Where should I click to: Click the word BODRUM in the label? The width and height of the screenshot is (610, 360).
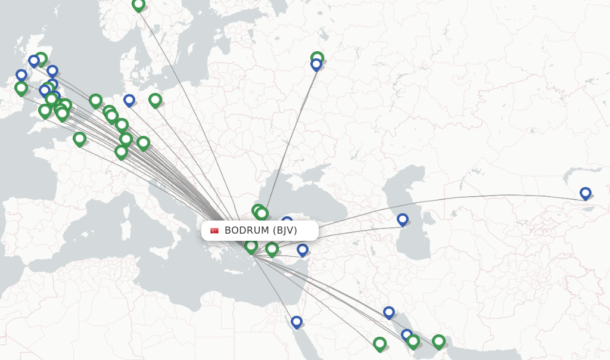247,231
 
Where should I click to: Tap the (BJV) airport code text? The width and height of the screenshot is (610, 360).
285,231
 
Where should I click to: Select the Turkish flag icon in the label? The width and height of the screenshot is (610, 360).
214,231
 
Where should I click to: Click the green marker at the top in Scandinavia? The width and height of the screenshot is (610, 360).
138,5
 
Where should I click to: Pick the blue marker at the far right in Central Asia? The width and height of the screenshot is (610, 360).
585,193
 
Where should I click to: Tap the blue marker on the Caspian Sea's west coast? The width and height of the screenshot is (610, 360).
403,219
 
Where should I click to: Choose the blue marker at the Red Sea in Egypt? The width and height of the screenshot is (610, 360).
297,322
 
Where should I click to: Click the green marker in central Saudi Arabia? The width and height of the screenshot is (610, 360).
379,343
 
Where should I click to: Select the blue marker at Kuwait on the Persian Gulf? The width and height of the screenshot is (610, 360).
389,312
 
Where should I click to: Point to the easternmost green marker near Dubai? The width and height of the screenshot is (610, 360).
438,341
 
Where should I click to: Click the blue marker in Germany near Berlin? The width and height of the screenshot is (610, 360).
129,100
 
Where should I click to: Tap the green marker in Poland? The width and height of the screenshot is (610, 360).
155,100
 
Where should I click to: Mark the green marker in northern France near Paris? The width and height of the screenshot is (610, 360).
79,139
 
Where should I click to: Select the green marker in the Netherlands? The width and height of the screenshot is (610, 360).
95,100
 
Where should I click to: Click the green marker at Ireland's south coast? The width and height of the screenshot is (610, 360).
21,88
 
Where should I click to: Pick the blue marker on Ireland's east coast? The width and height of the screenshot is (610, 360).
21,75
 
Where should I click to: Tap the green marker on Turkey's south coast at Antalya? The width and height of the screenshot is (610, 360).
272,249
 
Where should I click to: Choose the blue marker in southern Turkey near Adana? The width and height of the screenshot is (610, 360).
303,249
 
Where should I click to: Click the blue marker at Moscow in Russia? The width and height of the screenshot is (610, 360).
316,64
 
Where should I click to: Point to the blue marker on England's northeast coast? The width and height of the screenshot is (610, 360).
52,71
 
